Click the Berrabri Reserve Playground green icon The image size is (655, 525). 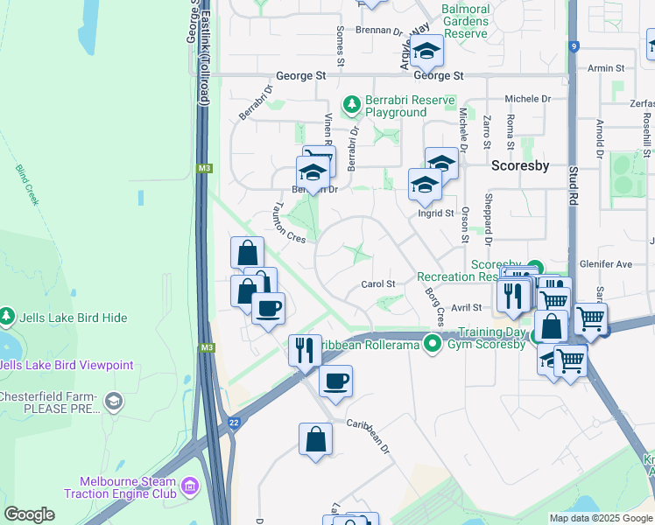(x=352, y=105)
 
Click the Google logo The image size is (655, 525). (x=29, y=514)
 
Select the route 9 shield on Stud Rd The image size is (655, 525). (x=574, y=46)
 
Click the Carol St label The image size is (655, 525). (x=379, y=284)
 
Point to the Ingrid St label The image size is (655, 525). (x=436, y=213)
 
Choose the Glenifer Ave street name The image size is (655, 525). (x=605, y=263)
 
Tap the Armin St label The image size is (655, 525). (x=606, y=67)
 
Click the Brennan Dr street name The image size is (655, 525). (x=378, y=30)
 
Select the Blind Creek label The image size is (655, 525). (x=27, y=185)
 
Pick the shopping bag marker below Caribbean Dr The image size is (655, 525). (x=315, y=441)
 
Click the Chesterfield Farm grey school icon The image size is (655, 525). (x=113, y=401)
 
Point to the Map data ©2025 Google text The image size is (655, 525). (x=600, y=518)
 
